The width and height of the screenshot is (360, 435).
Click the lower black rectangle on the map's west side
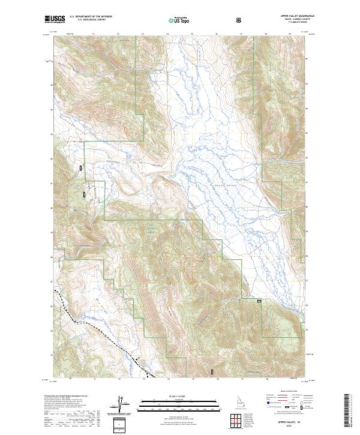[x=85, y=194]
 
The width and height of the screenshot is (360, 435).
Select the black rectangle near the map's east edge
[x=259, y=301]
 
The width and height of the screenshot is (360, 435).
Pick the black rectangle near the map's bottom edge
[x=212, y=372]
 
